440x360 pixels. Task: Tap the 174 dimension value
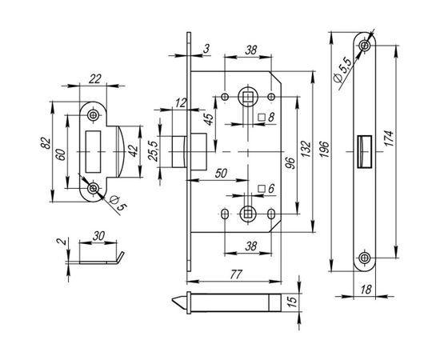click(x=390, y=138)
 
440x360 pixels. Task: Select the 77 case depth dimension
click(x=236, y=274)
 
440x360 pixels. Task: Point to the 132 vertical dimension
click(x=306, y=149)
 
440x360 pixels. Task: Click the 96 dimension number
click(x=291, y=163)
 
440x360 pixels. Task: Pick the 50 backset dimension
click(x=221, y=174)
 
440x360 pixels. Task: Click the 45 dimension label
click(x=209, y=119)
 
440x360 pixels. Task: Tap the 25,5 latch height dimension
click(x=154, y=151)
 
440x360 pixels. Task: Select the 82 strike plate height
click(x=46, y=143)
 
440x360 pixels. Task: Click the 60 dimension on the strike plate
click(x=61, y=155)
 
